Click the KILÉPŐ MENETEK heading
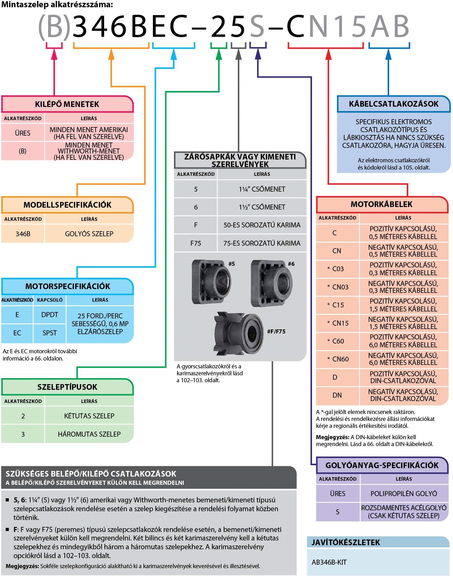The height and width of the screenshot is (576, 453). tap(67, 104)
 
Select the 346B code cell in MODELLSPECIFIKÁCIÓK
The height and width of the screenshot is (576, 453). tap(23, 234)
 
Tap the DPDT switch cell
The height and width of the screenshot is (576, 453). tap(50, 315)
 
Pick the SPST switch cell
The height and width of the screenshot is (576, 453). tap(50, 333)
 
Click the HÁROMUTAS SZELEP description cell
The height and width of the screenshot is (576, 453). tap(89, 434)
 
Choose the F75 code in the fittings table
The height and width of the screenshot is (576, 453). tap(196, 243)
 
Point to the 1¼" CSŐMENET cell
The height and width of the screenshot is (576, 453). tap(262, 189)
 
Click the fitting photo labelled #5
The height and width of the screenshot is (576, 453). tap(211, 282)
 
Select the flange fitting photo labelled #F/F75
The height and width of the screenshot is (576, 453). tap(239, 333)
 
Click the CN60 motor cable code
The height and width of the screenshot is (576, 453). tap(340, 359)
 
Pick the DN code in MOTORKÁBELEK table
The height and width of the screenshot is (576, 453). tap(337, 395)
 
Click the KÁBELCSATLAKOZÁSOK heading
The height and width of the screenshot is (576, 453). tap(394, 104)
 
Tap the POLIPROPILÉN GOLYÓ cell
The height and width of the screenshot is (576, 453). tap(404, 494)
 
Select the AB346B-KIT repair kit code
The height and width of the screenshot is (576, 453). tap(329, 562)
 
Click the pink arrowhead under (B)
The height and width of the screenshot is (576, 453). tap(54, 55)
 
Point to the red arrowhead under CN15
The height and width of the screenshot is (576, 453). tap(328, 55)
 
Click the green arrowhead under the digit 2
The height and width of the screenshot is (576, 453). tap(219, 55)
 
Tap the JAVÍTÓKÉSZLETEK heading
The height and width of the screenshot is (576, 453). tap(346, 542)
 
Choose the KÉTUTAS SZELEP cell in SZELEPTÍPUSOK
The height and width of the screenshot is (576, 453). tap(89, 416)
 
